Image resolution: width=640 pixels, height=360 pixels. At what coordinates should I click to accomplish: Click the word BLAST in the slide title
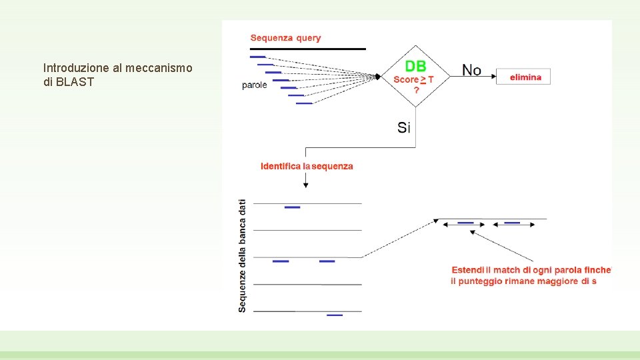(77, 82)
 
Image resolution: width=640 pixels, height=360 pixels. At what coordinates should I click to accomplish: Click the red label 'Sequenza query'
(285, 38)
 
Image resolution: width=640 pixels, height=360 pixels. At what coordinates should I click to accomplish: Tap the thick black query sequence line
(307, 49)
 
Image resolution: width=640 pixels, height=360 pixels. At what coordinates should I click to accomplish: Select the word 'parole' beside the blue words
(255, 85)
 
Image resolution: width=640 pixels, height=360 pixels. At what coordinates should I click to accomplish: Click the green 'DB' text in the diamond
(416, 66)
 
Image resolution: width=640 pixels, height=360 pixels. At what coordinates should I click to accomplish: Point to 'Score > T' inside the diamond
(413, 79)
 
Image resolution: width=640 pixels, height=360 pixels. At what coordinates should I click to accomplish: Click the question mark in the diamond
(417, 90)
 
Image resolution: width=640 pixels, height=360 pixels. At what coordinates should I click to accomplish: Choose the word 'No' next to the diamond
(472, 70)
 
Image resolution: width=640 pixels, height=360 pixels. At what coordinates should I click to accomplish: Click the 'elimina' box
(525, 77)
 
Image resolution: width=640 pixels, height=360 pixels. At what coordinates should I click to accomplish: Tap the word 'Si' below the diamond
(404, 127)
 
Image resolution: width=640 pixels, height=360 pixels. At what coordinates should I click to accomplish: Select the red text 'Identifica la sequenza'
(307, 166)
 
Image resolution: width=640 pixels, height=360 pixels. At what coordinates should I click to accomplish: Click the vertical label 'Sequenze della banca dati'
(242, 255)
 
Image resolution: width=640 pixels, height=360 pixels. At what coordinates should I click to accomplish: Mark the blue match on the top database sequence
(292, 207)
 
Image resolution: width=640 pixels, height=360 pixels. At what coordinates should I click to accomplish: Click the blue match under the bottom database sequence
(335, 315)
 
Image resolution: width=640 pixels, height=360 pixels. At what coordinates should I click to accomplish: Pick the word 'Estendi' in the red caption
(468, 270)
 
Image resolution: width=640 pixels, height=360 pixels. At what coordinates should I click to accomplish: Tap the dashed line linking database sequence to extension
(397, 238)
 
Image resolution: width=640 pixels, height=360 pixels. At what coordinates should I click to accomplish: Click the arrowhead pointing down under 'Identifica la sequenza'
(305, 184)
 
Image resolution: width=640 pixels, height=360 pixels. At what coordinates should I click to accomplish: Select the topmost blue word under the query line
(257, 57)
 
